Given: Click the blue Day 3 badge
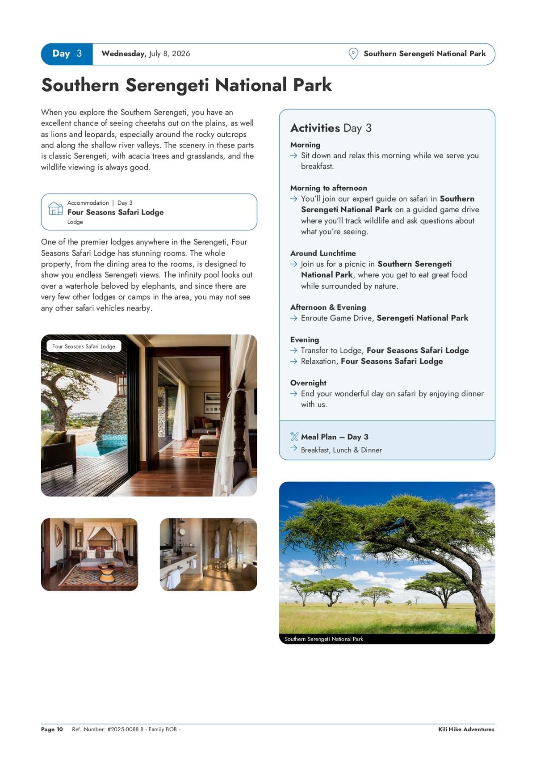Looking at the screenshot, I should pyautogui.click(x=67, y=54).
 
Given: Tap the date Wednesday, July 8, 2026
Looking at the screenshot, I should pyautogui.click(x=146, y=54).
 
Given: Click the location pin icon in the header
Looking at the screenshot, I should pyautogui.click(x=353, y=54).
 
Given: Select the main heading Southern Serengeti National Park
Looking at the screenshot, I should pyautogui.click(x=186, y=85).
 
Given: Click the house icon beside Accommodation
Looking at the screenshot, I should pyautogui.click(x=55, y=208).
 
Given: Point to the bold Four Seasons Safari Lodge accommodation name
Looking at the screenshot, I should pyautogui.click(x=115, y=212).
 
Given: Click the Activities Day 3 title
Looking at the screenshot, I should pyautogui.click(x=331, y=128).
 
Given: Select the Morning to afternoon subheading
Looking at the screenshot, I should pyautogui.click(x=328, y=188).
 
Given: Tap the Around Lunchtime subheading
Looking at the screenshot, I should pyautogui.click(x=323, y=253).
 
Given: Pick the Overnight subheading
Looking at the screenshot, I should pyautogui.click(x=308, y=383).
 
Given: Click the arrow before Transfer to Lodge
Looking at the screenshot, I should pyautogui.click(x=293, y=351).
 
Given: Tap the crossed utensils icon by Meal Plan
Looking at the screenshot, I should pyautogui.click(x=294, y=437).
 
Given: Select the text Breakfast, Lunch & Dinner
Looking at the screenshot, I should pyautogui.click(x=341, y=450).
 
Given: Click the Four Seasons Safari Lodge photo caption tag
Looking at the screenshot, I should pyautogui.click(x=84, y=346).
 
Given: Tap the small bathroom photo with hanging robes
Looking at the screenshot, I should pyautogui.click(x=208, y=554).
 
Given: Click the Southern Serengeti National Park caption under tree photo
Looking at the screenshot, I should pyautogui.click(x=324, y=639).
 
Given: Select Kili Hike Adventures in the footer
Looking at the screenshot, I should pyautogui.click(x=466, y=729).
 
